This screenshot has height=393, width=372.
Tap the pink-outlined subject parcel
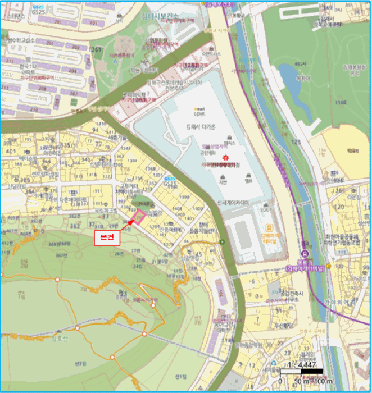click(138, 216)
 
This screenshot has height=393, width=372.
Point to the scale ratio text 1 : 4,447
click(302, 365)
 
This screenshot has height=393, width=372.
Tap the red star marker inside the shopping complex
click(226, 157)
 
